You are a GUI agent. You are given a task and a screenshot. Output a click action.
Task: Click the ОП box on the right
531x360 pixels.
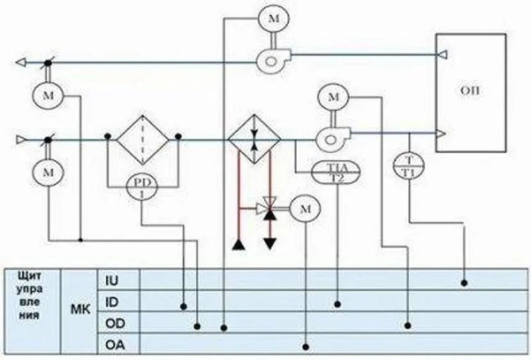(x=471, y=92)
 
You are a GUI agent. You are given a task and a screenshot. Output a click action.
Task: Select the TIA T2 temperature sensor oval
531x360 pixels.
(x=337, y=171)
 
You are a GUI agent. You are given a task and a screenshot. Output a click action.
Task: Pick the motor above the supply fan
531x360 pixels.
(x=333, y=98)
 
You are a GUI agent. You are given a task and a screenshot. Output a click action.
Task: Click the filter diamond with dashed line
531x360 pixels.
(x=141, y=139)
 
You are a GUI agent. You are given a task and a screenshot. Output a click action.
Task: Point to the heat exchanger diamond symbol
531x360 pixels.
(x=254, y=139)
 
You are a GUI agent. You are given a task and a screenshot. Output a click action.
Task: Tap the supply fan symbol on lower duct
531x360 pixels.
(x=331, y=135)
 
